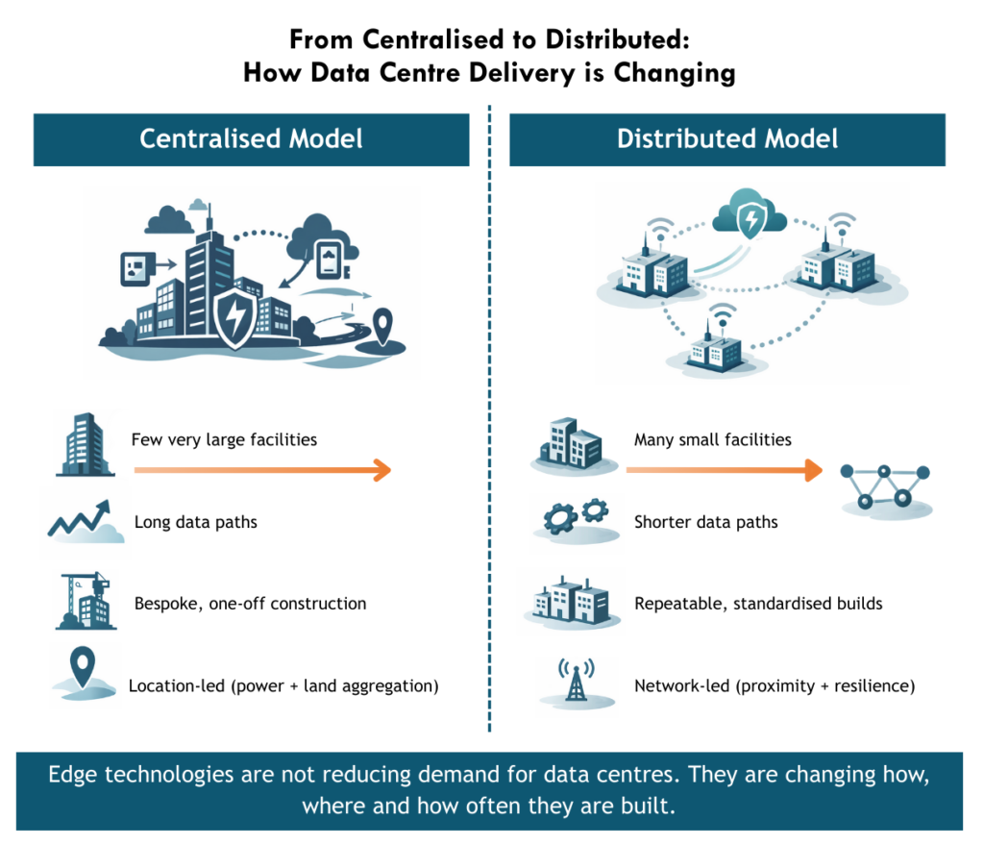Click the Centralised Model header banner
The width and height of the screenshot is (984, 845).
click(x=251, y=138)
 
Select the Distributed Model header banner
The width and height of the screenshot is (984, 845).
click(x=727, y=138)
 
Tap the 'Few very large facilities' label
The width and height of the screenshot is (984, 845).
click(x=224, y=440)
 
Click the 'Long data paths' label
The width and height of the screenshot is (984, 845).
click(x=196, y=523)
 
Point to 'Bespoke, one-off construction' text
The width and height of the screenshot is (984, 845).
click(x=250, y=604)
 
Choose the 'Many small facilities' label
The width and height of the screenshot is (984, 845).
click(x=713, y=440)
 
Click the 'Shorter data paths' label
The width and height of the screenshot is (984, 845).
click(x=706, y=523)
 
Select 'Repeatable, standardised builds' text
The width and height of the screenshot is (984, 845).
click(x=758, y=604)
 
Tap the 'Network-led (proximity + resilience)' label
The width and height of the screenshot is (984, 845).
click(x=775, y=686)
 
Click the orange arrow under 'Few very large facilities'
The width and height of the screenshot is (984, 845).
click(x=261, y=469)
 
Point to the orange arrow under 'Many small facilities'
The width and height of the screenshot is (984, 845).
click(x=724, y=469)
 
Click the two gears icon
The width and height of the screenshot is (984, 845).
click(x=574, y=516)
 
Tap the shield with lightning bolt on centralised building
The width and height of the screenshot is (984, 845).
click(x=234, y=320)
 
